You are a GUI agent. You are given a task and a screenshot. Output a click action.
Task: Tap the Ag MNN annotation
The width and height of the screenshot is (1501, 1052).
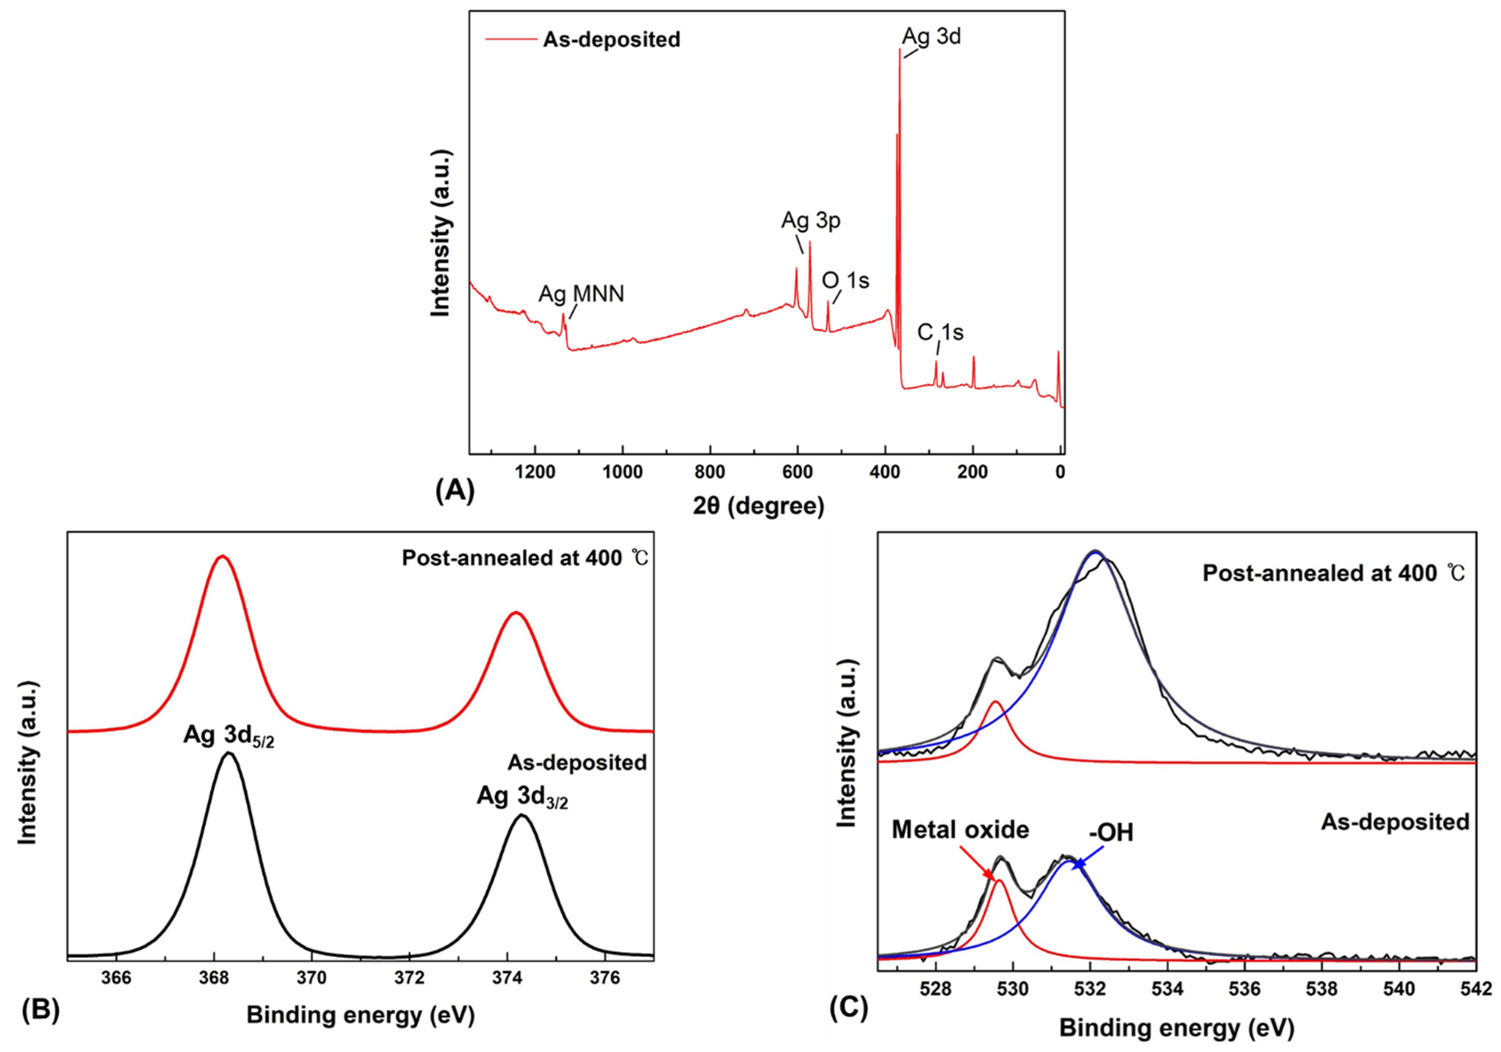pos(581,294)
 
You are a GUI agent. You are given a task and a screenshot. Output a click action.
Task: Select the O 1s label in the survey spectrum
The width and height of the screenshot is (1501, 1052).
pos(845,280)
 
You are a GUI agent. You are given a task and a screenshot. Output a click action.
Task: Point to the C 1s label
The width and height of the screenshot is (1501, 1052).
pos(940,333)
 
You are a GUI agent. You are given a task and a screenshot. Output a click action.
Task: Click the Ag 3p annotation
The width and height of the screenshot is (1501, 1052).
pos(811,221)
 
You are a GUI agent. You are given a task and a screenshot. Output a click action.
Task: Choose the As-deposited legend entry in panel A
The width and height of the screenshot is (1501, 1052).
pos(611,40)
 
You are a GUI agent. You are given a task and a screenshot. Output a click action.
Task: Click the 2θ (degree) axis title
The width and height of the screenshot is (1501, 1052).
pos(758,506)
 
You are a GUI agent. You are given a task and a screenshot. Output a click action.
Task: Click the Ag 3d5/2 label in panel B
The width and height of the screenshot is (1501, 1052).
pos(228,736)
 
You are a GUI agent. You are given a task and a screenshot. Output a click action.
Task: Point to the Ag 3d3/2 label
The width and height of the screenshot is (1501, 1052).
pos(522,797)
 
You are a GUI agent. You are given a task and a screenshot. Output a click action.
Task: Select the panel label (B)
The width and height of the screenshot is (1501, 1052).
pos(41,1009)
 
